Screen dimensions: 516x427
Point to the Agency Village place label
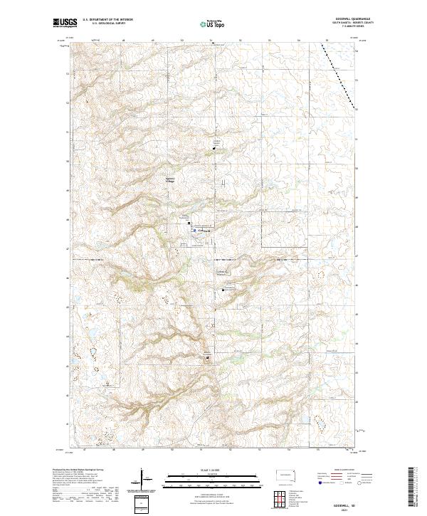[169, 179]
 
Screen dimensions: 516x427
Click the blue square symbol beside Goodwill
[193, 229]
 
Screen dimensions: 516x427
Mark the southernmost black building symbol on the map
[208, 359]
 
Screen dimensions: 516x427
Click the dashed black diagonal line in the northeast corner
[339, 74]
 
